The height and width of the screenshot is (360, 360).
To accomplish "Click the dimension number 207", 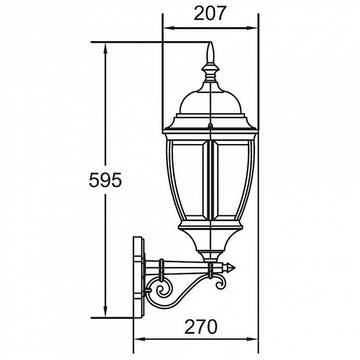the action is [x=210, y=13].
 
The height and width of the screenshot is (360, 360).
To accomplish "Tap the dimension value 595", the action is [x=105, y=180].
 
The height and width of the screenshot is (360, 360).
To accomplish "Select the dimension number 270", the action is [x=201, y=327].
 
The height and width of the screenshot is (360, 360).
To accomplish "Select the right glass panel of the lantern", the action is [x=232, y=179].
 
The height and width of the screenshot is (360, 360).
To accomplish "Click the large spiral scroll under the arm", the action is [x=163, y=290].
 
